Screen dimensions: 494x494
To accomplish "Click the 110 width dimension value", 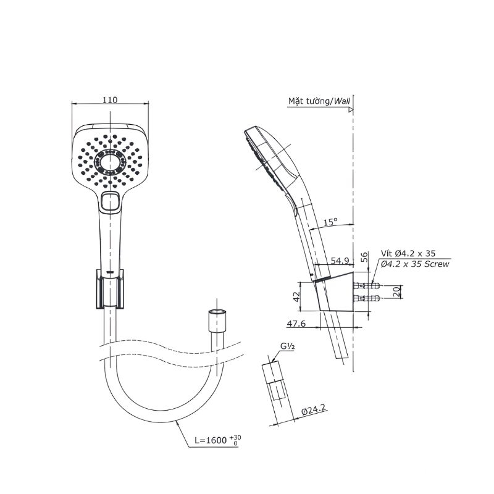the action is point(110,100).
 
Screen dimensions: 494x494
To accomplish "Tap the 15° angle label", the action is point(330,222).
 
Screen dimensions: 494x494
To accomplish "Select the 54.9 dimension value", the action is point(340,261).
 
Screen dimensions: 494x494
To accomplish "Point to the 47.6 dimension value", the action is point(296,324).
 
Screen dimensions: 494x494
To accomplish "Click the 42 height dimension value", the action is point(297,297).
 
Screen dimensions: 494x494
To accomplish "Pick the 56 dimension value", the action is point(364,257).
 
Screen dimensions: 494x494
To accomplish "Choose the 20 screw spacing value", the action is point(398,291).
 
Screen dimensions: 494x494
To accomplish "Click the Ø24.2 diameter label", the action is point(313,410).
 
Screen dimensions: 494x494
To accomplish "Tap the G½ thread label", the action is point(288,346).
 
